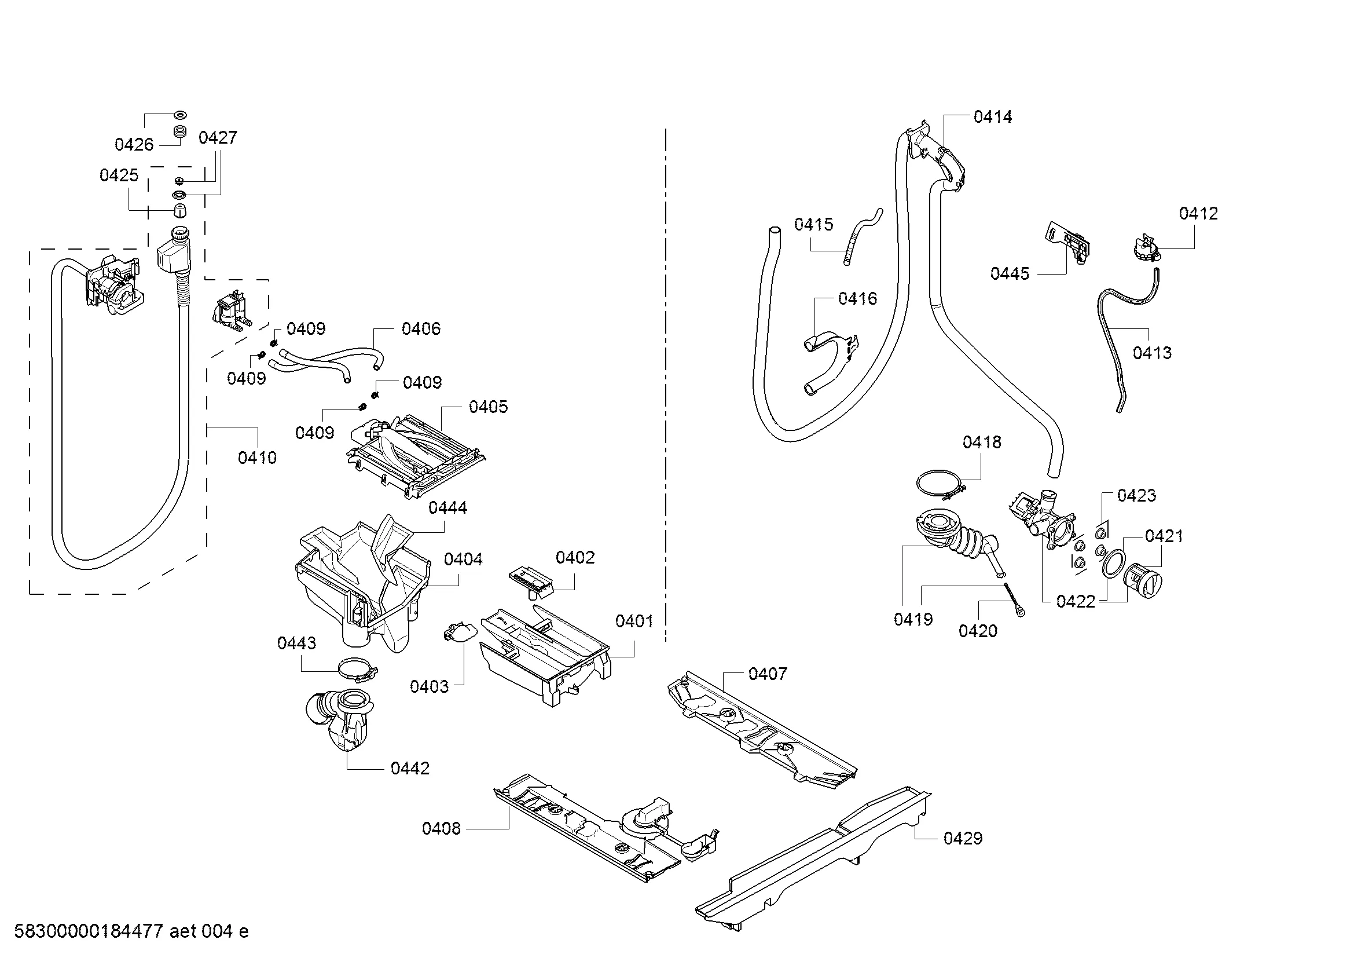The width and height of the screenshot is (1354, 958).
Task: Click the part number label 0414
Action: pos(993,117)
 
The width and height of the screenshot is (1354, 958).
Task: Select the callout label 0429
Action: pos(963,838)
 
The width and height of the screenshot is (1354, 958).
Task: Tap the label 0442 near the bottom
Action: pos(410,768)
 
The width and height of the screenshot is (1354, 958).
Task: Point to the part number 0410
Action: pos(257,457)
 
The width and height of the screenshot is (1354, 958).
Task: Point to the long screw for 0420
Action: pos(1012,600)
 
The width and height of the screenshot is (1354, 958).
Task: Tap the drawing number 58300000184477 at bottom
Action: pos(89,931)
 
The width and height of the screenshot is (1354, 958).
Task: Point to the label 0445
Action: pos(1010,273)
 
